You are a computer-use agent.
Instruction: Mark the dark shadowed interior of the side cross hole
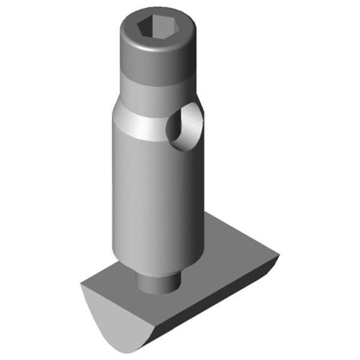(177, 129)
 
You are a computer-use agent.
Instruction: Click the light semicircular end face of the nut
(111, 318)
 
